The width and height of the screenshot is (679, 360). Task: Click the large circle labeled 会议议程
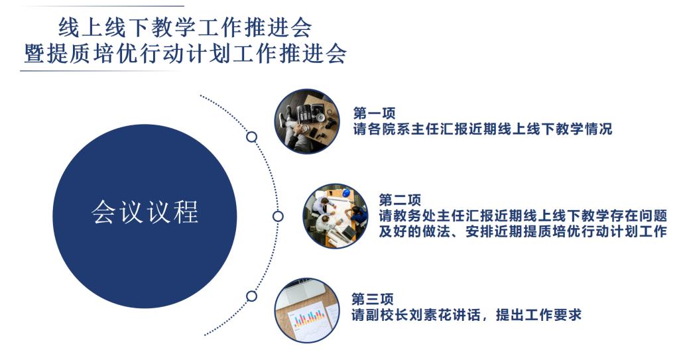click(145, 216)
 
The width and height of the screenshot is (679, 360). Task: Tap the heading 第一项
click(374, 113)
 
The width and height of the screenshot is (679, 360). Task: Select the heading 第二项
click(400, 200)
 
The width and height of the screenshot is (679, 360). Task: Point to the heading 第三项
click(373, 299)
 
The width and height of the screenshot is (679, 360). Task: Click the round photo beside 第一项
click(307, 121)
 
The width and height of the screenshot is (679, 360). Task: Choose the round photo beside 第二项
click(336, 215)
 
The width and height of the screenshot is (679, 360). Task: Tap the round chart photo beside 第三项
click(307, 310)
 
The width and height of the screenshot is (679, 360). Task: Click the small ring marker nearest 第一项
click(251, 137)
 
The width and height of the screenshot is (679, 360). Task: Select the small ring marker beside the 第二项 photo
click(278, 216)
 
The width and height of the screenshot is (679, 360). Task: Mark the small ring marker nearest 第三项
click(251, 296)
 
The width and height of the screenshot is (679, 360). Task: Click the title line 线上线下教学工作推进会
click(185, 28)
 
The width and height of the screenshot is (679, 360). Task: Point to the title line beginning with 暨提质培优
click(186, 54)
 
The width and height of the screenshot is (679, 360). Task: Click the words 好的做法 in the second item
click(415, 232)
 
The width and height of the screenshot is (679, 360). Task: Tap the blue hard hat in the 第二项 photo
click(346, 192)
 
